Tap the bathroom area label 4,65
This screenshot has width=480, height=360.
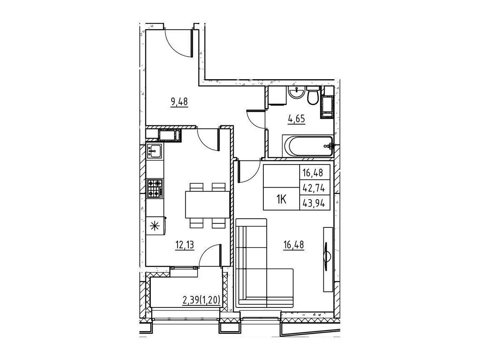[x=297, y=118]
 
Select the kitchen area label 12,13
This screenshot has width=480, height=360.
[x=185, y=245]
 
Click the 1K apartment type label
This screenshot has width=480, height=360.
[x=281, y=200]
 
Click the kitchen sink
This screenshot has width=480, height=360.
[x=155, y=151]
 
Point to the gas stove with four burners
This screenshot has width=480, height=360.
[x=155, y=189]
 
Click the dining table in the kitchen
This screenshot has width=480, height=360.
[x=207, y=205]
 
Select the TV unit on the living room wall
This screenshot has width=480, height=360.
[x=328, y=259]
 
